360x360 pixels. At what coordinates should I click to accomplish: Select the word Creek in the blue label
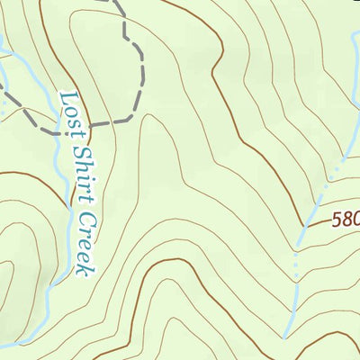[86, 238]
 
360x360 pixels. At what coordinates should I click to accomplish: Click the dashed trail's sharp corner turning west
[135, 118]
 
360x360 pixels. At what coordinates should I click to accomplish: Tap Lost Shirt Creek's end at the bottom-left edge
[3, 345]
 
